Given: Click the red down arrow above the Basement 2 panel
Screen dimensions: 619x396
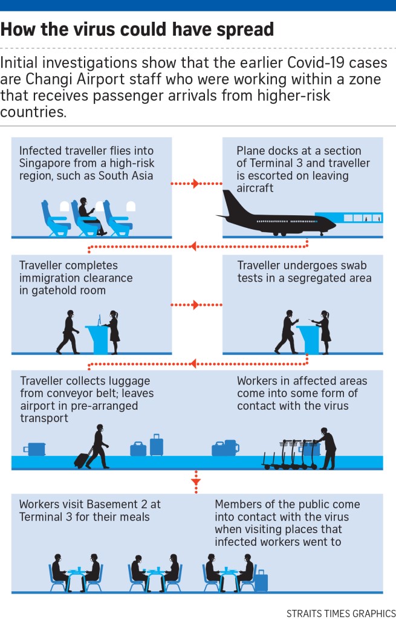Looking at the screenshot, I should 195,481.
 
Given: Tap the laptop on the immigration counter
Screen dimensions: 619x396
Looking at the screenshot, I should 99,319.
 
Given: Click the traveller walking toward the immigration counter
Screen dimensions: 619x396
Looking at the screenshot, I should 68,332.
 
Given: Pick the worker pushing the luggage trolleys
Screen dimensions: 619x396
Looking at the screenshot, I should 326,447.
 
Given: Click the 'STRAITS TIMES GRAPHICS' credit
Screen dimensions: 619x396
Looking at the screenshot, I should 341,612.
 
